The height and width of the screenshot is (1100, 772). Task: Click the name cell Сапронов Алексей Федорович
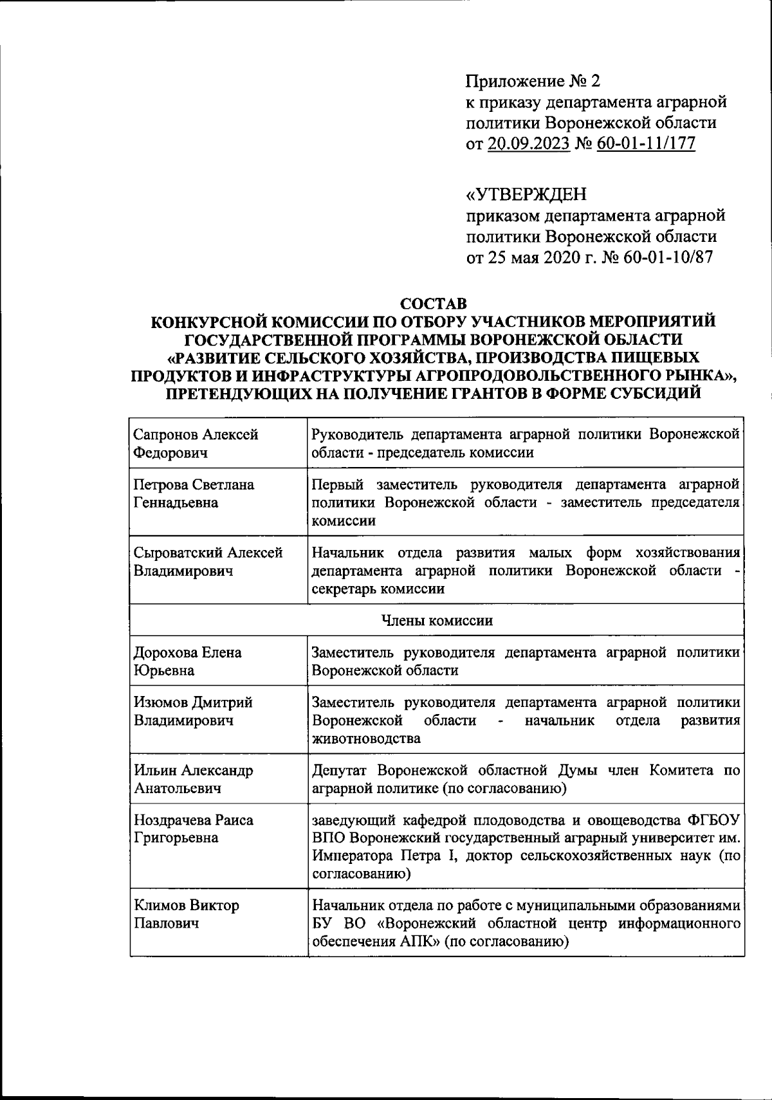(196, 444)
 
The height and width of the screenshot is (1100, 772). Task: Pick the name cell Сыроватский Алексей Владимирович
(207, 562)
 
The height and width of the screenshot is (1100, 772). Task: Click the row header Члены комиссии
(437, 621)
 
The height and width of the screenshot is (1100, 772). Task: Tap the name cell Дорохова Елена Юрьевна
(187, 661)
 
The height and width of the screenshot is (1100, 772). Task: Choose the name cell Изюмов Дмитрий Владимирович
(192, 711)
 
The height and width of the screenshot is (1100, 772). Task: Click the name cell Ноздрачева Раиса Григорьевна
(193, 829)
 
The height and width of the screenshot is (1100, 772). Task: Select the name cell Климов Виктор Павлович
(186, 914)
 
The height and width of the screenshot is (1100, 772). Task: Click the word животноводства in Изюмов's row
(365, 738)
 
